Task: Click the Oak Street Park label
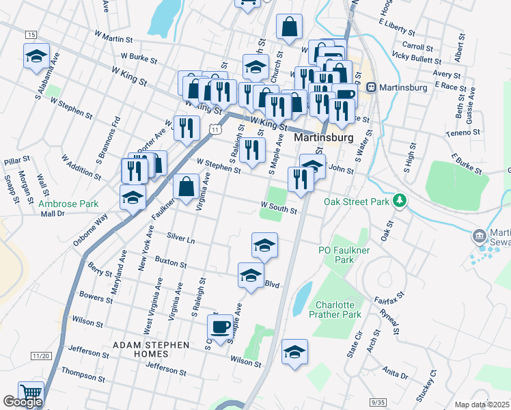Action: click(356, 202)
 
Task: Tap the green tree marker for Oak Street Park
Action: click(400, 201)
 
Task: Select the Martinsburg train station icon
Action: click(372, 87)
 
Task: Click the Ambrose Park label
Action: click(68, 204)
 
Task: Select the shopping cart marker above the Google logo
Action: click(31, 393)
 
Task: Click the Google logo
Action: click(23, 402)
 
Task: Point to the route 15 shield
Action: click(31, 34)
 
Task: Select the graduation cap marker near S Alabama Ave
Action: click(36, 57)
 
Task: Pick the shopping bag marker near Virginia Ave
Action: click(187, 185)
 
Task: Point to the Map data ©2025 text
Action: click(482, 405)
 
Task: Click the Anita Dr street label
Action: click(396, 373)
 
